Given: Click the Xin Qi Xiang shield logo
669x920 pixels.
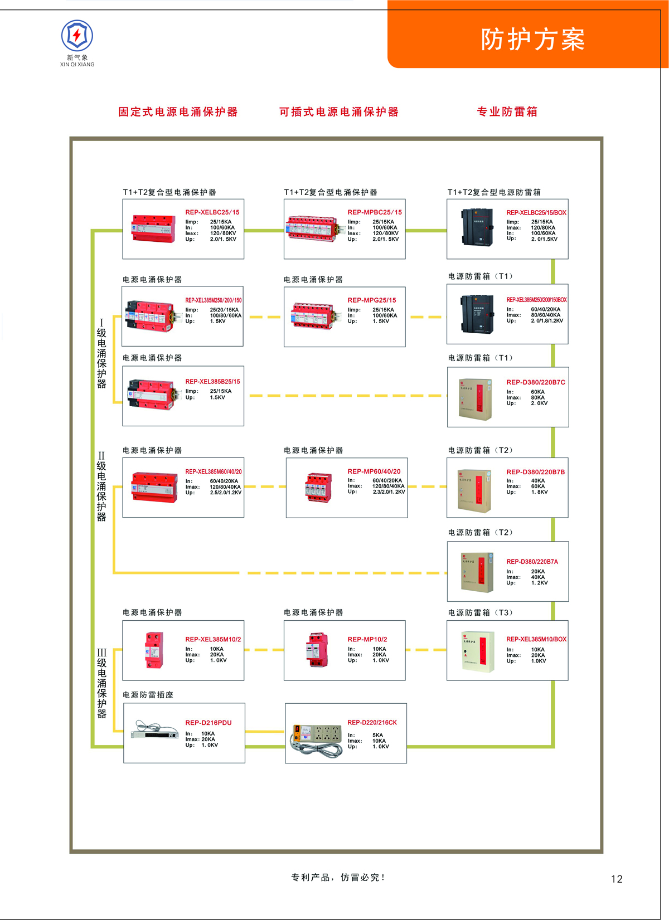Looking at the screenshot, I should coord(77,36).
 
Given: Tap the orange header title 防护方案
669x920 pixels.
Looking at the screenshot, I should coord(532,40).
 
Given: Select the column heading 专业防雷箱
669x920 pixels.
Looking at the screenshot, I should coord(507,111).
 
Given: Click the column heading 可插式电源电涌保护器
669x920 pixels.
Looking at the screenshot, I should coord(339,111).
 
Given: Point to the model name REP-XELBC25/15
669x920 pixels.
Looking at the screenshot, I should coord(212,212).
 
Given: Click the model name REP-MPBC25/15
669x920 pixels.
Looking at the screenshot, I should coord(375,212).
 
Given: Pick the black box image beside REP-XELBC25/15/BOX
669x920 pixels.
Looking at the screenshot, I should coord(477,227).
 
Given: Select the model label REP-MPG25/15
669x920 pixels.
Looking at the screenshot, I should coord(372,300).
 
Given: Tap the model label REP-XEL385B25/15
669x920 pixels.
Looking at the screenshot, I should coord(212,382).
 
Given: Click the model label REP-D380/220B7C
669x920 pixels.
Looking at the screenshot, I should coord(536,382).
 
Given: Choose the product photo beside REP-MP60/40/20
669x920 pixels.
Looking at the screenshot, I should coord(318,488).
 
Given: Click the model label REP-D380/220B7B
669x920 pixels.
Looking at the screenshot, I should coord(535,472).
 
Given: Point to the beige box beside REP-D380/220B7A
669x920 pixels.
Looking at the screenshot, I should coord(477,572).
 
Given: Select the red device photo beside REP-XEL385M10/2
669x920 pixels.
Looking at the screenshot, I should coord(154,650).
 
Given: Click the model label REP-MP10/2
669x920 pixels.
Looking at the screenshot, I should coord(367,639).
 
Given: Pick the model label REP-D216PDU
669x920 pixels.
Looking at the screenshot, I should coord(209,723).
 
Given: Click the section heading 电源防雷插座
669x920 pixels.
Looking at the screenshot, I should coord(148,695).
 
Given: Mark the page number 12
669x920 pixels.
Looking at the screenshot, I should coord(617,879).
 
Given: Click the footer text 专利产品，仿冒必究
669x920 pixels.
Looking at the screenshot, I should coord(338,878).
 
